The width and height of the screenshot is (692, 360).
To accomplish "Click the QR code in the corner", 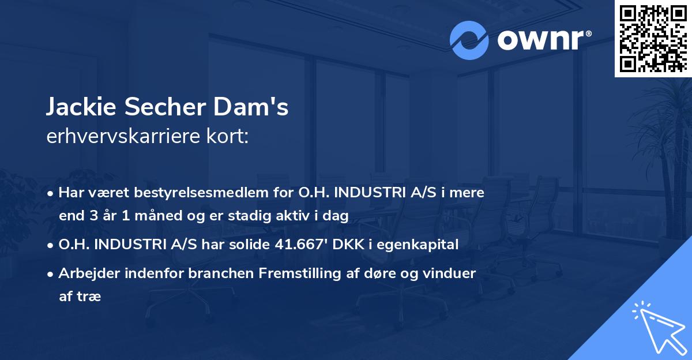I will click(653, 39).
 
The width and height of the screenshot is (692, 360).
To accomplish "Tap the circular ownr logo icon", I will click(469, 39).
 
